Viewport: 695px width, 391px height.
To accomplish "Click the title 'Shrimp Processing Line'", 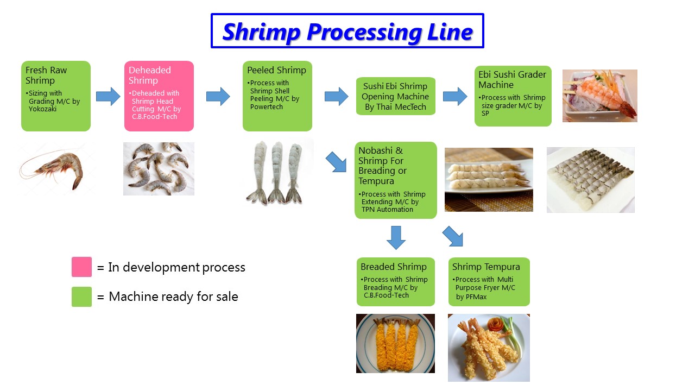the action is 347,31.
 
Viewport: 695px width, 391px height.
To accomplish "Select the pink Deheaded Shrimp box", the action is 159,96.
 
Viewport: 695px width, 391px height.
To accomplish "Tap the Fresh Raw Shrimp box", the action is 56,96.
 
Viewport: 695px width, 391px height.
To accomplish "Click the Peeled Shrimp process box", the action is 277,96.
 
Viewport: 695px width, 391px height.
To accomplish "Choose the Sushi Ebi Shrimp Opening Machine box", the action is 396,96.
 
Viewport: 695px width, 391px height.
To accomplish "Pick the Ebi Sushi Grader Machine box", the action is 513,96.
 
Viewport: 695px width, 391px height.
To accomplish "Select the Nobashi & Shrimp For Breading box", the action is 396,180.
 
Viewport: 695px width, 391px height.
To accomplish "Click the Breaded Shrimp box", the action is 396,282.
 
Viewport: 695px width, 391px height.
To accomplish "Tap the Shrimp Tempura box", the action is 489,282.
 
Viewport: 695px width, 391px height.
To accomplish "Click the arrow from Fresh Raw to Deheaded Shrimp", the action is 108,97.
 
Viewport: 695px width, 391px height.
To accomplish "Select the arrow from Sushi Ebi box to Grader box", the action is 455,97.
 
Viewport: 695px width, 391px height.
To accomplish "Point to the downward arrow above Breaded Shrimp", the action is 396,238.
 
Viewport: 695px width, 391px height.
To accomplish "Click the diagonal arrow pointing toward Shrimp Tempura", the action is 453,236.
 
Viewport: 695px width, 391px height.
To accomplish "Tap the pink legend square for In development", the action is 81,267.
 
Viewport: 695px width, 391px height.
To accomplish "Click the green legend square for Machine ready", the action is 81,297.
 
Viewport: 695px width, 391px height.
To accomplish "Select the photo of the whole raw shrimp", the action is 52,168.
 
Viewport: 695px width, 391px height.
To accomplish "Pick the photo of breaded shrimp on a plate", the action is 395,343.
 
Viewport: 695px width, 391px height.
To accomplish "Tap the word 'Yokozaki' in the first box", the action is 42,109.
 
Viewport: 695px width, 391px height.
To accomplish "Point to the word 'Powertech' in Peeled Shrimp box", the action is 267,107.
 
